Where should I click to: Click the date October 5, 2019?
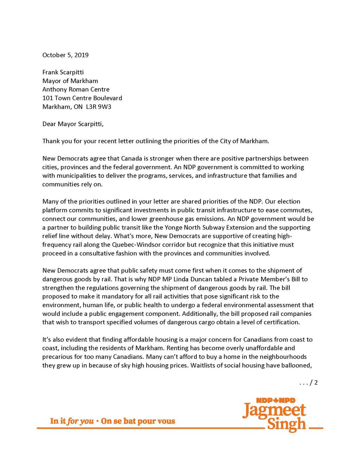66,55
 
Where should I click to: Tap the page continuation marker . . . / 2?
309,383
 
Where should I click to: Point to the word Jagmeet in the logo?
274,411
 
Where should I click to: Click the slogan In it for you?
72,421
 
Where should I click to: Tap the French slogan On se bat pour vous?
138,421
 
